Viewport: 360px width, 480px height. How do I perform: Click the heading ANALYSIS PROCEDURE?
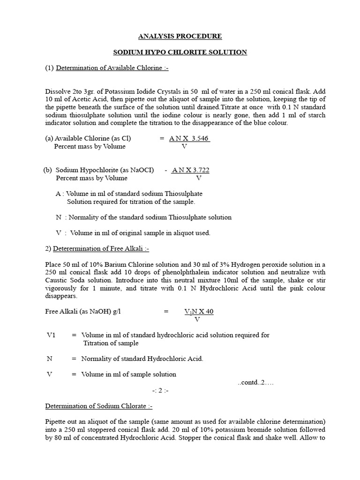[x=180, y=36]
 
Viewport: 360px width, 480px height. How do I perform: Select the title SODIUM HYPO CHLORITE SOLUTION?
[x=180, y=52]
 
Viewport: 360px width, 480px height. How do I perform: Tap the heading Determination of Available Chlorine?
[x=112, y=68]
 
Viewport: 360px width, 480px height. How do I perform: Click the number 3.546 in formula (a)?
[x=197, y=138]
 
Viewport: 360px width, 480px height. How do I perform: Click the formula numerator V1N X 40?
[x=199, y=312]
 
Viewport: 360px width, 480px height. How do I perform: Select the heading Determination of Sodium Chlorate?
[x=98, y=406]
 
